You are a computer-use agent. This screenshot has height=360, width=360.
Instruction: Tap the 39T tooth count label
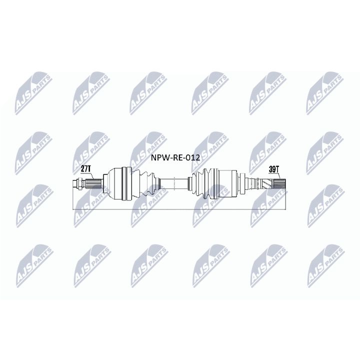click(x=273, y=169)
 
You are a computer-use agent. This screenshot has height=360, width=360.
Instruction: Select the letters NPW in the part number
click(x=159, y=158)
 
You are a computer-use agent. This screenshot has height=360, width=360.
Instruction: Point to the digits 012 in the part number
click(x=192, y=158)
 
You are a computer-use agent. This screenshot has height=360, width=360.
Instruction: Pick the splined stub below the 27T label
click(x=94, y=183)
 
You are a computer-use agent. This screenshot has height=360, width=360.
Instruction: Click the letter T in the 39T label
click(x=277, y=169)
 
